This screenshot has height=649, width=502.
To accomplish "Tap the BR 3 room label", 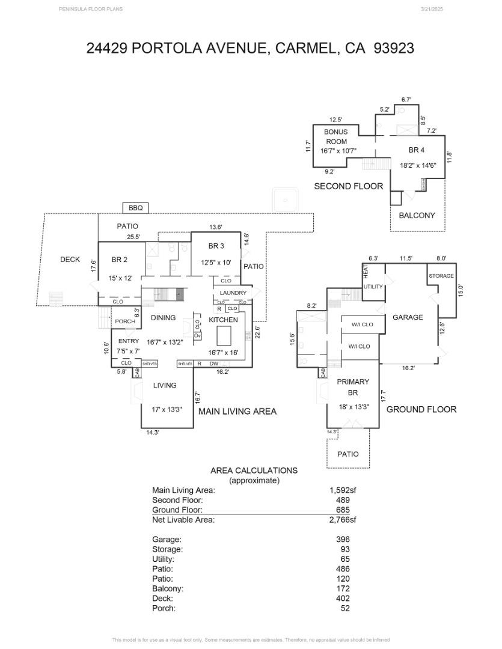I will click(216, 246).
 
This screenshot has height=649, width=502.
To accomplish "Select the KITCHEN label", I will click(223, 320).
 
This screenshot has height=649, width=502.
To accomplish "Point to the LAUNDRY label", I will click(233, 293).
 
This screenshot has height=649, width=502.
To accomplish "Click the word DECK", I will click(70, 260).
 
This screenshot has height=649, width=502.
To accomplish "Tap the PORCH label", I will click(125, 321).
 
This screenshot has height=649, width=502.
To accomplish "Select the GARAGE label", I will click(408, 317).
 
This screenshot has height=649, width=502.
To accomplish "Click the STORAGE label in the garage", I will click(441, 276).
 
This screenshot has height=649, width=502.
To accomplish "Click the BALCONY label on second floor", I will click(417, 215).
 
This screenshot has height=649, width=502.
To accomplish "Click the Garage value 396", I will click(342, 540).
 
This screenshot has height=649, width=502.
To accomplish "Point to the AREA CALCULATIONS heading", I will click(254, 471).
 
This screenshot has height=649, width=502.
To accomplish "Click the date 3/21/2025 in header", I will click(432, 9).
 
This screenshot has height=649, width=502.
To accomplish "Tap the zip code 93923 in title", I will click(394, 48).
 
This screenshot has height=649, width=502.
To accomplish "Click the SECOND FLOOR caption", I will click(348, 186).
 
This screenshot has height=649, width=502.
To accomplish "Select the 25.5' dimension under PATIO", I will click(133, 237).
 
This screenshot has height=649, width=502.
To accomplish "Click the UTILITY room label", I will click(373, 287).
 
